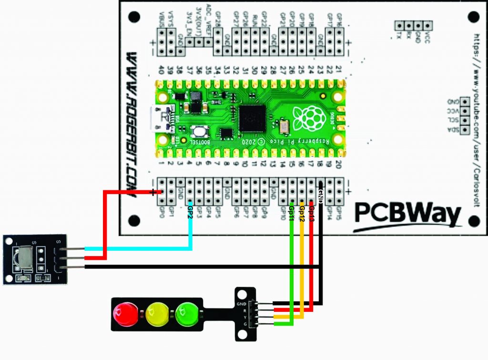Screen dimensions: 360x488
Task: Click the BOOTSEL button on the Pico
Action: pos(197,132)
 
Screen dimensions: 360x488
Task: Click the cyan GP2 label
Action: pos(191,210)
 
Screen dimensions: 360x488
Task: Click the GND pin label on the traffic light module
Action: pos(241,304)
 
